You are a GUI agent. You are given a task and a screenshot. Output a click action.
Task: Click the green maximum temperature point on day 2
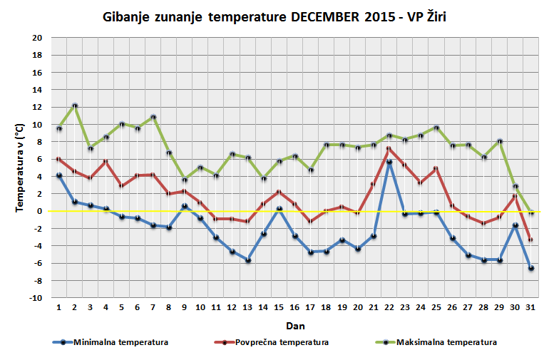pos(75,106)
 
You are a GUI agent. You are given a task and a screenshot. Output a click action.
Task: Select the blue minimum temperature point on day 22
pos(389,162)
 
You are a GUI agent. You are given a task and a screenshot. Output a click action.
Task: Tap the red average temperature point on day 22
pos(389,148)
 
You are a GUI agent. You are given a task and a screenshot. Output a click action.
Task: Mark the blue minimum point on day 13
pos(248,260)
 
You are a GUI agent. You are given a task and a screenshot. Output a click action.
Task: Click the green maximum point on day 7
pos(153,117)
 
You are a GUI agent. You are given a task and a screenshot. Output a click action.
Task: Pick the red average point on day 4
pos(106,161)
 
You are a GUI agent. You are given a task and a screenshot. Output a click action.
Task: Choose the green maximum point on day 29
pos(499,141)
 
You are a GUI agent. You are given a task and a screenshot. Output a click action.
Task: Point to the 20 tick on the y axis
pos(37,38)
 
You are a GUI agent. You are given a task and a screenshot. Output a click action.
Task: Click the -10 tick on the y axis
pos(36,298)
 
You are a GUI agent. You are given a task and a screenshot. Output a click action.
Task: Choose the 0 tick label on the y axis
pos(40,211)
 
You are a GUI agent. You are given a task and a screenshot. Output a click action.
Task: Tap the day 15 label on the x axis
pos(279,308)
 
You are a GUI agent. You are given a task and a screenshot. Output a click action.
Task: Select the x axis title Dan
pos(294,324)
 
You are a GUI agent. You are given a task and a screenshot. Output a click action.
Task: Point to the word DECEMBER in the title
pos(324,16)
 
